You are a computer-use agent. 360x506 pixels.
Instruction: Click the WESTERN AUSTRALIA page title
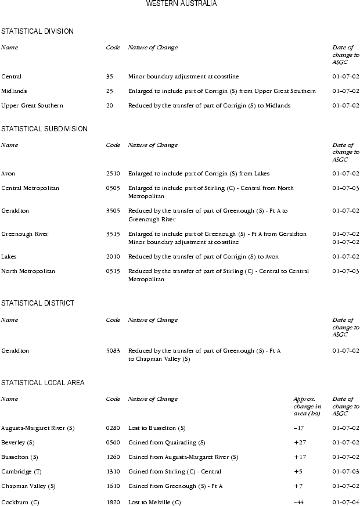pyautogui.click(x=182, y=3)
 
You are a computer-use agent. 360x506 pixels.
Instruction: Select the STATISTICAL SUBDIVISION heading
pyautogui.click(x=44, y=129)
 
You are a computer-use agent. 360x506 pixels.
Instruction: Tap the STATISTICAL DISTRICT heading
pyautogui.click(x=38, y=303)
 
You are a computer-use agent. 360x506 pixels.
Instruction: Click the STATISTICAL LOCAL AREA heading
pyautogui.click(x=43, y=383)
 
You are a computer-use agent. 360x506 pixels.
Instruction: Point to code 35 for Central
pyautogui.click(x=109, y=77)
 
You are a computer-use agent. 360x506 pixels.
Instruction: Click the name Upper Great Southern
pyautogui.click(x=32, y=106)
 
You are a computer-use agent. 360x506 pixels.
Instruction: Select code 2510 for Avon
pyautogui.click(x=113, y=174)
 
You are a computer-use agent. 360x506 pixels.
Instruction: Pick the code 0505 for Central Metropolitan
pyautogui.click(x=113, y=188)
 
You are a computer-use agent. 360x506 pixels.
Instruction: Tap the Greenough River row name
pyautogui.click(x=25, y=234)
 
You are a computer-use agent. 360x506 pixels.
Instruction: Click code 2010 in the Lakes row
pyautogui.click(x=113, y=257)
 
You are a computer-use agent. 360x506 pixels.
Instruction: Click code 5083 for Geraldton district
pyautogui.click(x=113, y=351)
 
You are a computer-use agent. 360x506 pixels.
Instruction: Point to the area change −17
pyautogui.click(x=299, y=428)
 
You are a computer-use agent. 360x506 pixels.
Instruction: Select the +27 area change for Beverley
pyautogui.click(x=300, y=443)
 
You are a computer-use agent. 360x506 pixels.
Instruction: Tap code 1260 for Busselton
pyautogui.click(x=113, y=457)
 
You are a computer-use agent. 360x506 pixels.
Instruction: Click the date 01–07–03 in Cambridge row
pyautogui.click(x=345, y=472)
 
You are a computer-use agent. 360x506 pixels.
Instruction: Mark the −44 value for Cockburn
pyautogui.click(x=300, y=503)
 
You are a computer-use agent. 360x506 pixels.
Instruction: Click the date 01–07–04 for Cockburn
pyautogui.click(x=345, y=503)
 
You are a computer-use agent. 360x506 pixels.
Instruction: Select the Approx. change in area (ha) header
pyautogui.click(x=307, y=406)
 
